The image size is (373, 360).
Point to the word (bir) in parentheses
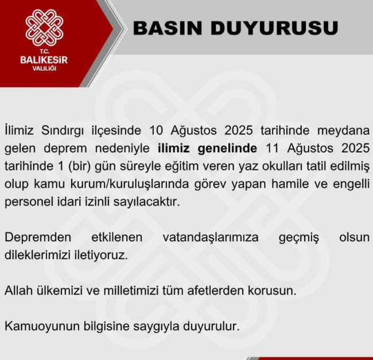pyautogui.click(x=80, y=167)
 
